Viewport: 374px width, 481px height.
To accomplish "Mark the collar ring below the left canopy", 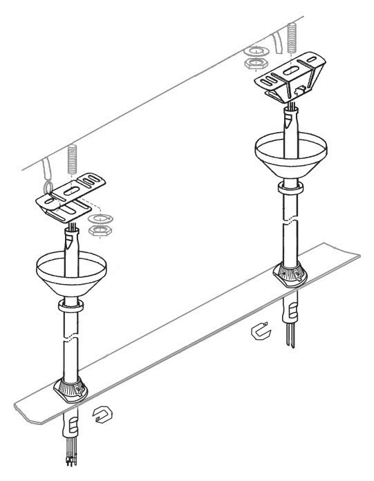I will [x=70, y=305].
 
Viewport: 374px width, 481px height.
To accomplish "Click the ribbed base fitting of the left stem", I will [x=73, y=392].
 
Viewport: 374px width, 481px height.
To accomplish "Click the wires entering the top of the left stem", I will [x=71, y=227].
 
